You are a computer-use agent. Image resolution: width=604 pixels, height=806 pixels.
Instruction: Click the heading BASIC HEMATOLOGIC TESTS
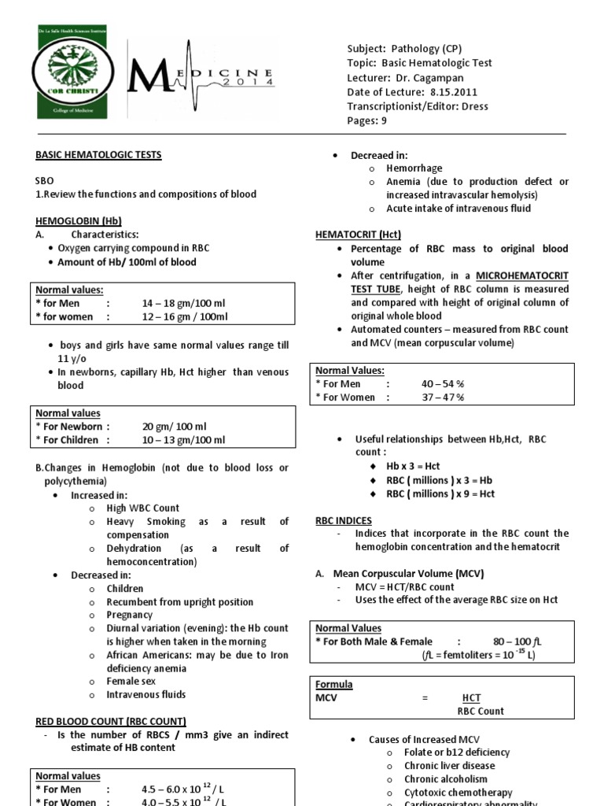(x=98, y=155)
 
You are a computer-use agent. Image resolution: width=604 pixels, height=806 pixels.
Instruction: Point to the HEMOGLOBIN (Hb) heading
(x=79, y=221)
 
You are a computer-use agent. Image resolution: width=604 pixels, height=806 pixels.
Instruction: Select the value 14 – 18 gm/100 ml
(x=182, y=303)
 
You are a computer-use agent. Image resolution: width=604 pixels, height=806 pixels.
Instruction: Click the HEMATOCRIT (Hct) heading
(x=357, y=234)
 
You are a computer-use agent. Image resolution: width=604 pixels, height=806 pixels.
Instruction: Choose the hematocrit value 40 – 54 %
(x=443, y=383)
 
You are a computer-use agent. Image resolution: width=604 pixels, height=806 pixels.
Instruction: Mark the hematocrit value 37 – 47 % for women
(x=443, y=397)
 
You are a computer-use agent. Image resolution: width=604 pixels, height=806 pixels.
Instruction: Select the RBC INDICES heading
(x=344, y=520)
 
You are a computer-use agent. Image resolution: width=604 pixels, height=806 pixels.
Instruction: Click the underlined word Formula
(x=334, y=684)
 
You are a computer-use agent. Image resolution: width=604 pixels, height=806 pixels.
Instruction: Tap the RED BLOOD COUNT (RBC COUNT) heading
(x=111, y=720)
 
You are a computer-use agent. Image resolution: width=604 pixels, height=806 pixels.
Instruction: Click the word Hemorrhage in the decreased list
(x=414, y=168)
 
